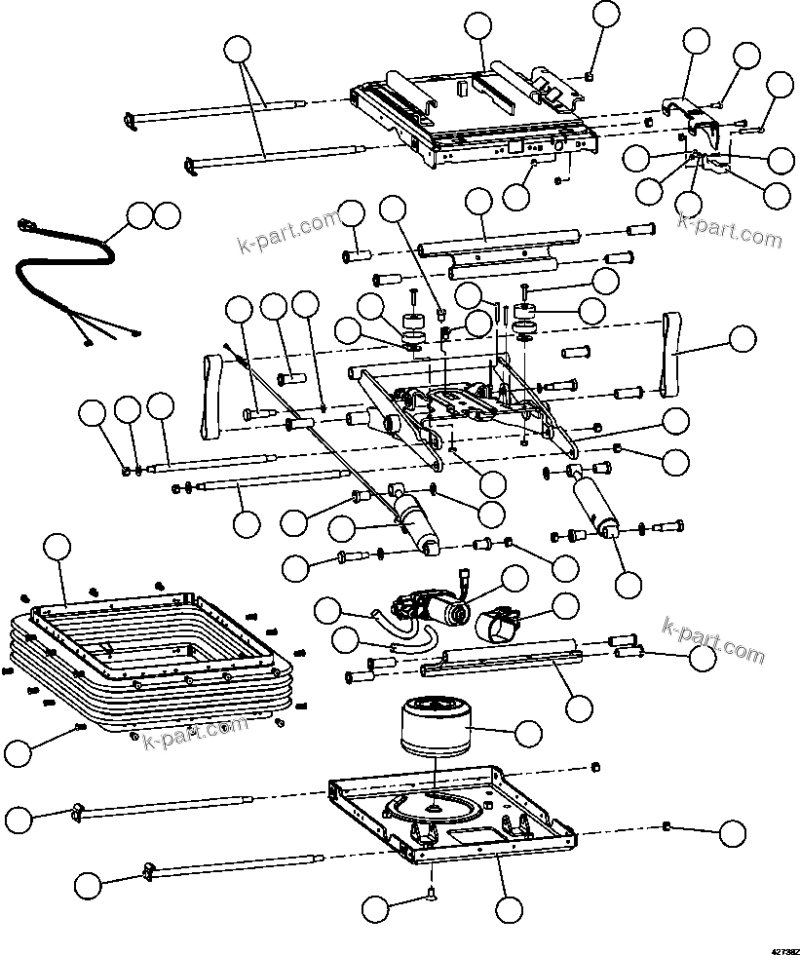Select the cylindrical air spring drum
[436, 730]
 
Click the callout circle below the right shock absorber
[629, 584]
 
